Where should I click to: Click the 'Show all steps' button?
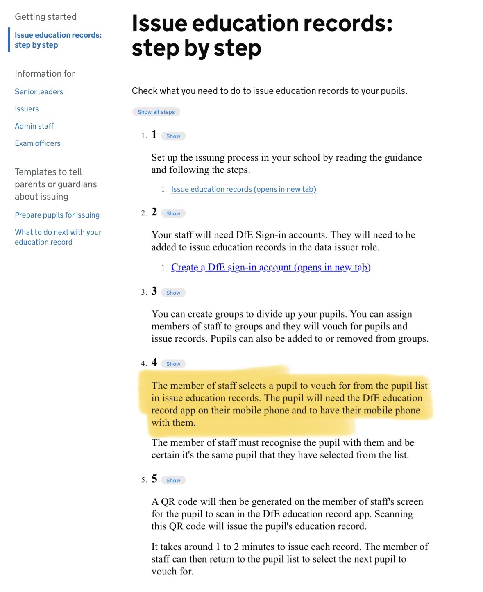156,112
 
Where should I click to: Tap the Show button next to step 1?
173,136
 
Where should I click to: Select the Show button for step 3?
173,293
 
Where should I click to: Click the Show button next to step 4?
173,364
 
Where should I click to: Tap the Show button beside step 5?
173,480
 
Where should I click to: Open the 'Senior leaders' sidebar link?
39,92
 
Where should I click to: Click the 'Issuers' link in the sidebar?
27,109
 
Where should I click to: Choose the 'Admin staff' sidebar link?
34,126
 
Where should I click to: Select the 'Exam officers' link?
38,143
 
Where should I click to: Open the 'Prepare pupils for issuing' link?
57,215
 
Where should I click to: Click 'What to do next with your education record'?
58,237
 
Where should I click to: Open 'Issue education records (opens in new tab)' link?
243,189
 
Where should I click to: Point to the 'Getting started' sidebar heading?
45,17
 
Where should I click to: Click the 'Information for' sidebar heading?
45,74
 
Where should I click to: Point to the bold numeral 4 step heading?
154,362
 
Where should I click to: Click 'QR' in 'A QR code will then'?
168,502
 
